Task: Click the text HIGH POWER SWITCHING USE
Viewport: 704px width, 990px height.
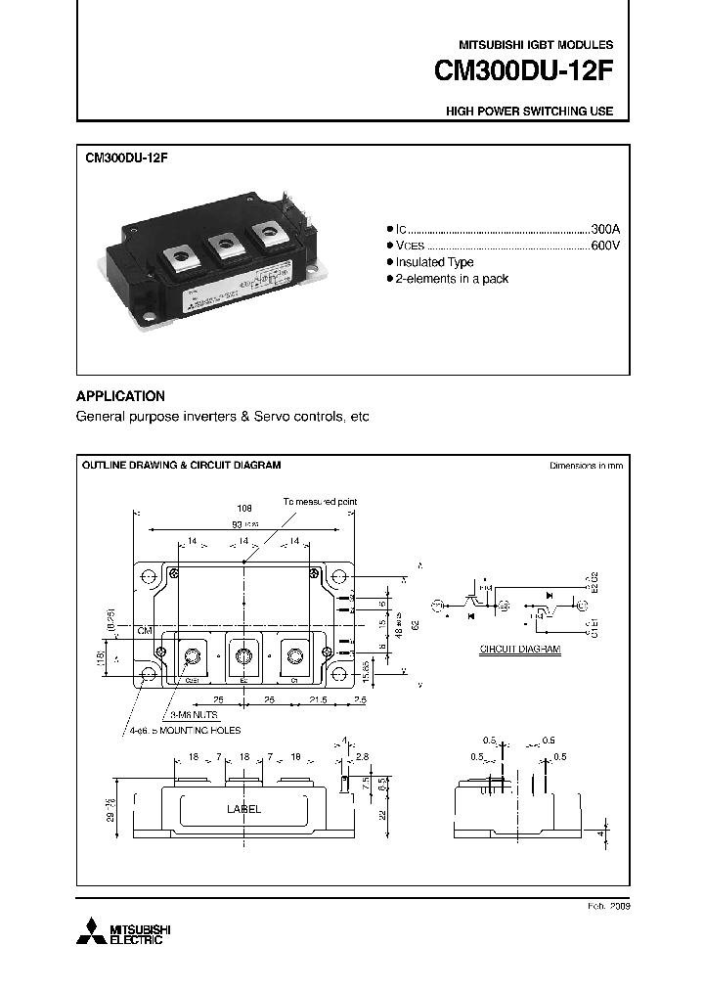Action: (x=529, y=112)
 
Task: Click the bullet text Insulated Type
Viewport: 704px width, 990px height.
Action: (x=435, y=262)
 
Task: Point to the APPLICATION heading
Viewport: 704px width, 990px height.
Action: (x=120, y=396)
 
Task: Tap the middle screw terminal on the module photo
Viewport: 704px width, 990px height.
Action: (x=225, y=243)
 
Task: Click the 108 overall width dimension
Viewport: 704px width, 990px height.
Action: (x=244, y=509)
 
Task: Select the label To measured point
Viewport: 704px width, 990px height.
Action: (x=320, y=501)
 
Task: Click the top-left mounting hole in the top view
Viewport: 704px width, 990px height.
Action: (x=148, y=575)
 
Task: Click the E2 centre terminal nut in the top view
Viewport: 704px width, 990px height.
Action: (x=243, y=656)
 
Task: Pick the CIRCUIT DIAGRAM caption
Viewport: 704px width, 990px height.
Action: (x=519, y=650)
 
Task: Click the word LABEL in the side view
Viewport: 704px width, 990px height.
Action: (x=243, y=809)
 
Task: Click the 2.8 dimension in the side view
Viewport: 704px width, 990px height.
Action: (x=364, y=757)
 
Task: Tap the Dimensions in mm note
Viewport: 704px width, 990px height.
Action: (x=586, y=465)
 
